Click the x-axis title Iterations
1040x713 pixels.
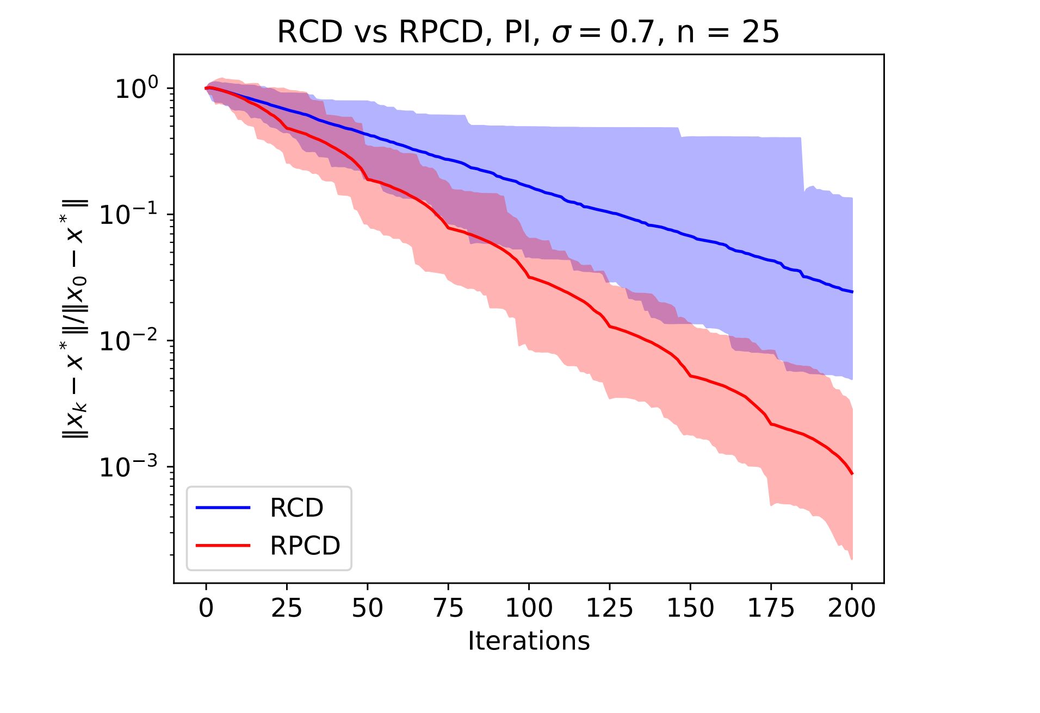[528, 641]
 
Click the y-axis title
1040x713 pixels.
[75, 319]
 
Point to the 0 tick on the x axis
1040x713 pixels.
[206, 608]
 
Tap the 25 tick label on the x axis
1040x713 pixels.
[287, 608]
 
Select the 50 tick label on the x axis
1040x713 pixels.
[367, 608]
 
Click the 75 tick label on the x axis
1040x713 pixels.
[448, 608]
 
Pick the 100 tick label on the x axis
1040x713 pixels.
[529, 608]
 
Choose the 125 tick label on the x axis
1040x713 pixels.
[609, 608]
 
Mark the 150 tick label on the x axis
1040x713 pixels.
[690, 608]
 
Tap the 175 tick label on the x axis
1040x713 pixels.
[771, 608]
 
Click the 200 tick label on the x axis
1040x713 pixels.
[851, 608]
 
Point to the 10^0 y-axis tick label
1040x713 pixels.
[136, 88]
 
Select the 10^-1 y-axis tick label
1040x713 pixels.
[128, 214]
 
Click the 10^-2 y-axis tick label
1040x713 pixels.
[128, 340]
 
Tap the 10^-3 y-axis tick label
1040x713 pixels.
[128, 466]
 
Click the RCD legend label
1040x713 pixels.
[296, 508]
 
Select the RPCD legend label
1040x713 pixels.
[305, 546]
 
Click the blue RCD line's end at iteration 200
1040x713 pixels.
[852, 292]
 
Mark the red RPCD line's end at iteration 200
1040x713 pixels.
[852, 474]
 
